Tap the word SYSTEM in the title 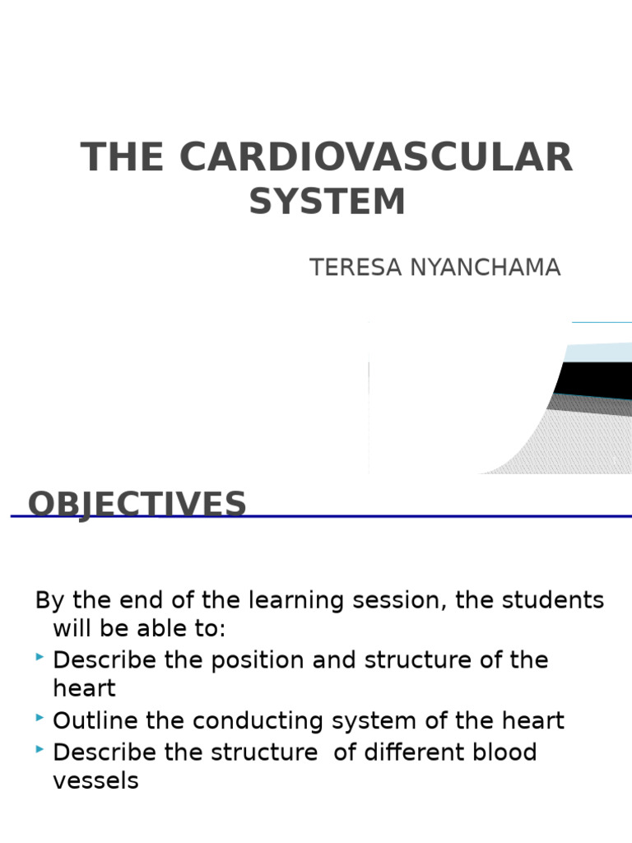[x=328, y=202]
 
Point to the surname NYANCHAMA [x=485, y=268]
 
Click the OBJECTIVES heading [x=137, y=504]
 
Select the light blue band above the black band [x=597, y=352]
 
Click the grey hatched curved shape [x=568, y=445]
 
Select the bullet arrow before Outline [x=40, y=719]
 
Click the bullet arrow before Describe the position [x=40, y=658]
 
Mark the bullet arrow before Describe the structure [x=40, y=749]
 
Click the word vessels [x=95, y=780]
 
